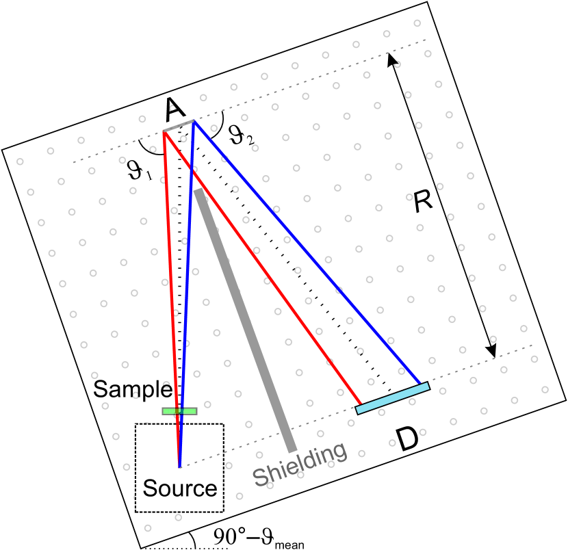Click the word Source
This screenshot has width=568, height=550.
pyautogui.click(x=179, y=488)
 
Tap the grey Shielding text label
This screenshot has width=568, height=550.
pyautogui.click(x=300, y=464)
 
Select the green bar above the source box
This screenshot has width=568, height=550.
pyautogui.click(x=179, y=411)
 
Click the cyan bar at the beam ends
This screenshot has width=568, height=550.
pyautogui.click(x=392, y=398)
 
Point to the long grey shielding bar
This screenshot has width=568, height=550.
pyautogui.click(x=245, y=319)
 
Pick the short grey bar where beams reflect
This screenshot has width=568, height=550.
pyautogui.click(x=179, y=126)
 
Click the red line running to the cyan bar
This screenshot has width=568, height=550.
pyautogui.click(x=263, y=269)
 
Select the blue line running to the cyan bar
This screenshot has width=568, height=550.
pyautogui.click(x=308, y=254)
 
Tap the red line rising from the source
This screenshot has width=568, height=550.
pyautogui.click(x=171, y=274)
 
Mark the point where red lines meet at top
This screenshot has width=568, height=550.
pyautogui.click(x=164, y=131)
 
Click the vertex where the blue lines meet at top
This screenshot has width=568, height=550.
pyautogui.click(x=194, y=122)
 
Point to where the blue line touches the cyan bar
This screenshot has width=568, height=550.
pyautogui.click(x=420, y=385)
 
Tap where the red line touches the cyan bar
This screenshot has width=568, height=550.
pyautogui.click(x=361, y=404)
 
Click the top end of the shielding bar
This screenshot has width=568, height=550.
pyautogui.click(x=198, y=192)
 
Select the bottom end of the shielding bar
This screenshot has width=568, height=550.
pyautogui.click(x=293, y=450)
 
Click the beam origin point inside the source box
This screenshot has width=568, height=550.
pyautogui.click(x=179, y=467)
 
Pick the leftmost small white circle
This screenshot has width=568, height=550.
pyautogui.click(x=20, y=162)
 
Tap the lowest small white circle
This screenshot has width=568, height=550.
pyautogui.click(x=148, y=528)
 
